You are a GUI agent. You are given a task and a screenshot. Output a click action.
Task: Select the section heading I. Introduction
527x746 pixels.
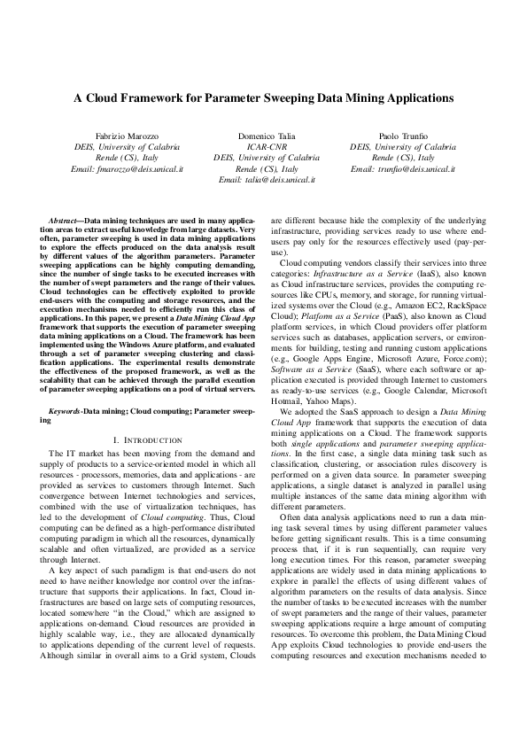tap(148, 440)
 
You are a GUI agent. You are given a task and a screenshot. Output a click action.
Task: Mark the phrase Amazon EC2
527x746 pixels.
tap(436, 303)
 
